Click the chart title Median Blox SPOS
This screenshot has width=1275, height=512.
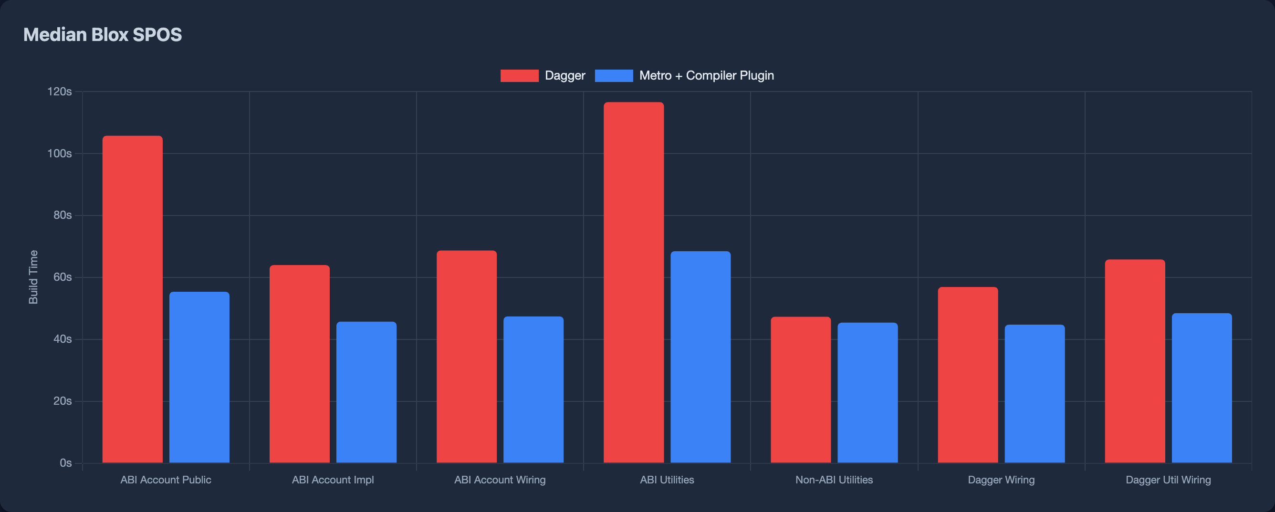click(103, 35)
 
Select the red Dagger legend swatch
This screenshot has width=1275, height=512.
click(519, 76)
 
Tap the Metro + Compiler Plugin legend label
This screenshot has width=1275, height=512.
click(706, 76)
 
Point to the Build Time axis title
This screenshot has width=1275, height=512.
click(33, 277)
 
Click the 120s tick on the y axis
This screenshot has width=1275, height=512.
click(59, 92)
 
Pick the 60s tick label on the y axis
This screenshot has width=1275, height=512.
click(63, 277)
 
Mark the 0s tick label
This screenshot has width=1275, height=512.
click(65, 463)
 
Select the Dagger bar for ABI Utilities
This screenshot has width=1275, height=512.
click(634, 282)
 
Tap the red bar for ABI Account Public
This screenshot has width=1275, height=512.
click(132, 299)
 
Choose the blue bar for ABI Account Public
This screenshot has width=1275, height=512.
click(199, 377)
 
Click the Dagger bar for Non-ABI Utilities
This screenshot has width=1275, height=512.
click(800, 390)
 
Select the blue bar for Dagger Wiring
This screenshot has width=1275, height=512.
click(1035, 394)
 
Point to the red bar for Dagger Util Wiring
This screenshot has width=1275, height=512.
click(1134, 361)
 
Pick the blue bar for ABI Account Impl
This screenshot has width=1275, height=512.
click(366, 392)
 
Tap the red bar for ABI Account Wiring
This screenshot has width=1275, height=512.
click(466, 357)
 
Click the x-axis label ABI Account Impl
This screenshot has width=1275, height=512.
click(333, 480)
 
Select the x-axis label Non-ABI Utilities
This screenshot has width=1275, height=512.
click(834, 480)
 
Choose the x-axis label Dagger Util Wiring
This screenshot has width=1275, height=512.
click(1168, 480)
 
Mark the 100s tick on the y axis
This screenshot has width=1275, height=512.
click(59, 154)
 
